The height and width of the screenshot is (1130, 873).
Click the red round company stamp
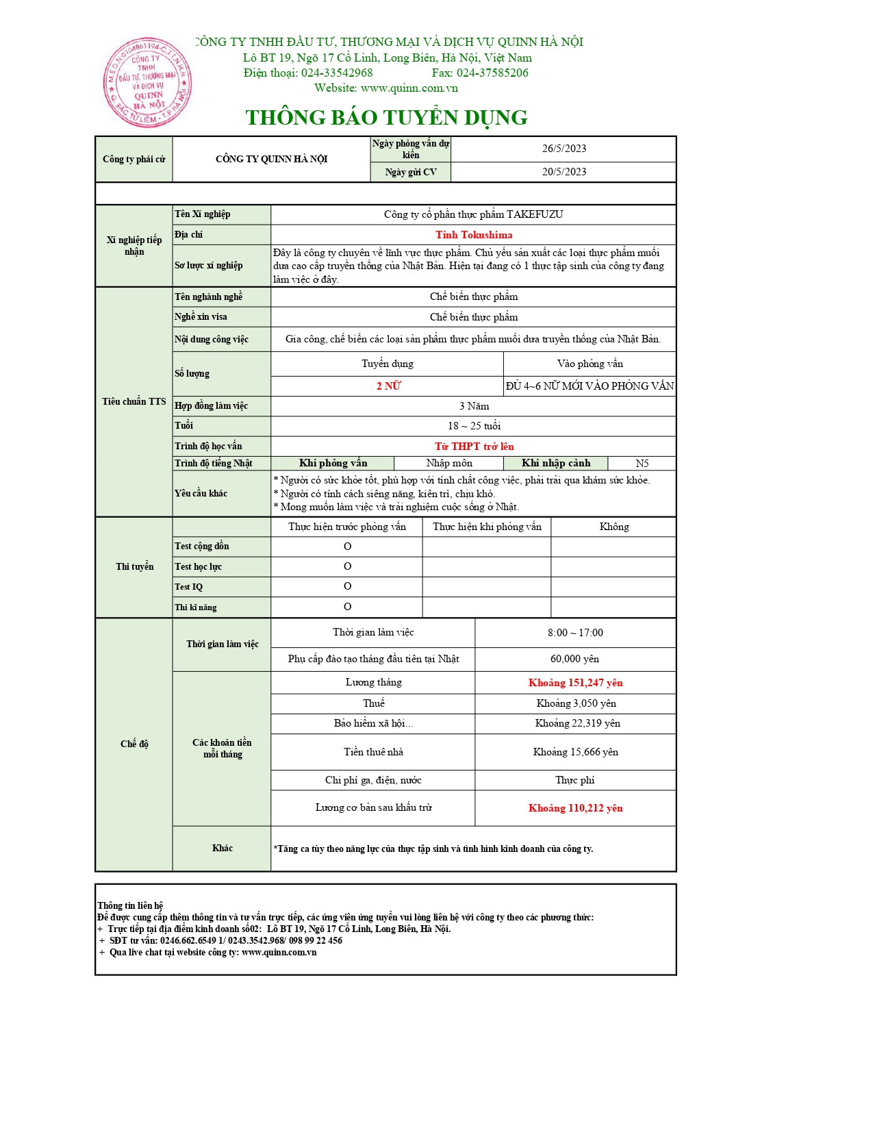point(147,83)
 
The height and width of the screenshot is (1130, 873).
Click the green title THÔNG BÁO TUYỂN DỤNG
point(386,118)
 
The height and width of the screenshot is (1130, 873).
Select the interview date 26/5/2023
point(564,149)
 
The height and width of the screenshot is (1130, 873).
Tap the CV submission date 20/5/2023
point(564,172)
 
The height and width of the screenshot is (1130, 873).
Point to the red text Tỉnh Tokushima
point(474,235)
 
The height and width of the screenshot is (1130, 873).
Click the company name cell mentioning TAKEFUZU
point(473,214)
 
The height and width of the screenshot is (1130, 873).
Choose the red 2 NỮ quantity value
point(388,386)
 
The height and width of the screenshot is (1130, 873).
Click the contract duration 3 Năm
point(474,406)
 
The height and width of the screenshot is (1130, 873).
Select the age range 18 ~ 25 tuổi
point(474,426)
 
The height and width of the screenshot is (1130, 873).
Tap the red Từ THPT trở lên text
point(474,447)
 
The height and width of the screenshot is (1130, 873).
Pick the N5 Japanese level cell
point(642,464)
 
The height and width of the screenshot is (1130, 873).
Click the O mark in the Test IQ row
point(347,586)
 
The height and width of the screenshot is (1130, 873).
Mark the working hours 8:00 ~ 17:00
point(575,633)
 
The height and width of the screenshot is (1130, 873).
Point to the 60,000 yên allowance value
point(574,659)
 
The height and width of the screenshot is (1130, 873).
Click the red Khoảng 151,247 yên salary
point(575,683)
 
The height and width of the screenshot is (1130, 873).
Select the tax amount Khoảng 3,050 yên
point(576,703)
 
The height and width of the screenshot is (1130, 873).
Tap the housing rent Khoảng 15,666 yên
point(575,752)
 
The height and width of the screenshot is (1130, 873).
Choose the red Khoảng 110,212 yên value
point(575,808)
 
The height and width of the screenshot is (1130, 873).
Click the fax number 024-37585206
point(492,73)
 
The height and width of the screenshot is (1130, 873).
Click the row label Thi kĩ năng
point(196,607)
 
